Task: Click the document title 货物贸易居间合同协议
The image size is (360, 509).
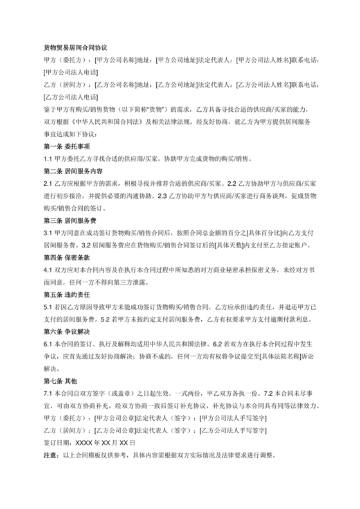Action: [75, 48]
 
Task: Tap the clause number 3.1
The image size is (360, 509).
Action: [48, 233]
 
